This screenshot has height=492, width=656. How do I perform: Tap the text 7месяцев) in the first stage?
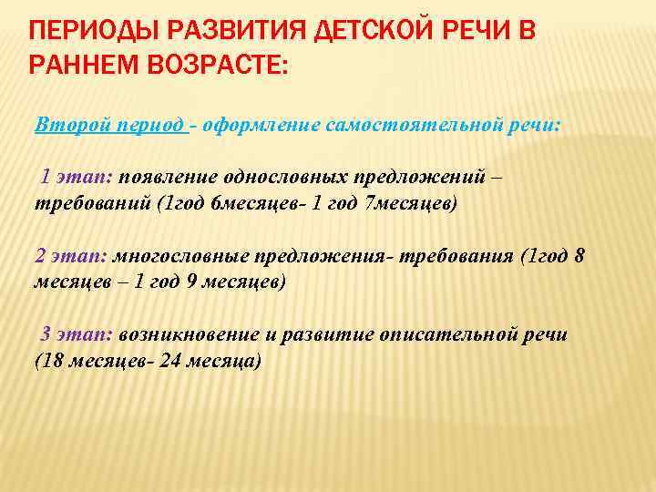click(x=409, y=204)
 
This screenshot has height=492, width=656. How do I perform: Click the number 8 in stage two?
click(x=579, y=258)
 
